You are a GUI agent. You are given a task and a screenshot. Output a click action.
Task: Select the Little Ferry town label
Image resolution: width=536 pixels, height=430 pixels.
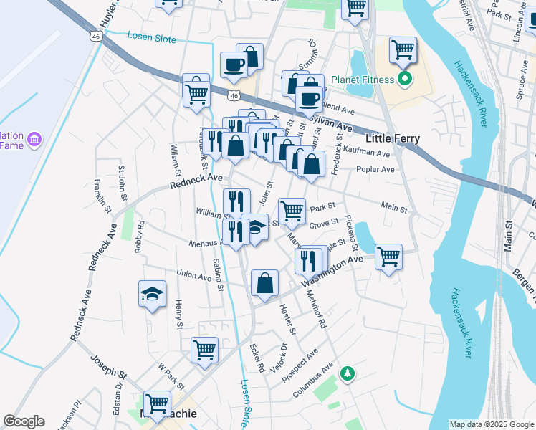(393, 138)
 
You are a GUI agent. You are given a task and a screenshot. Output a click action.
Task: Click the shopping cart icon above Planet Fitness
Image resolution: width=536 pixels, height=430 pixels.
(403, 49)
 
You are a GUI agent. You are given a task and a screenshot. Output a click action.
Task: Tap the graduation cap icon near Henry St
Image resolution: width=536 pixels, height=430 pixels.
(152, 293)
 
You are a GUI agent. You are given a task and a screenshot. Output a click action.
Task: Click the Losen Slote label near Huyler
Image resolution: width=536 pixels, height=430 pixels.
(151, 37)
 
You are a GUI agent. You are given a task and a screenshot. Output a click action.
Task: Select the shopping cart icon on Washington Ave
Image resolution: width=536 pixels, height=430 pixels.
(388, 256)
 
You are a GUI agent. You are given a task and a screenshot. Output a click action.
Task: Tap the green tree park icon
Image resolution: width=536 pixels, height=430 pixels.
(348, 373)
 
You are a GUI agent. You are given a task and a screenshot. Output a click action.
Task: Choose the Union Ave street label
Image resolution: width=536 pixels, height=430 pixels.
(193, 274)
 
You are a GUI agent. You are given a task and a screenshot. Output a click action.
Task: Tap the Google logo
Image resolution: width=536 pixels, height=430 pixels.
(24, 421)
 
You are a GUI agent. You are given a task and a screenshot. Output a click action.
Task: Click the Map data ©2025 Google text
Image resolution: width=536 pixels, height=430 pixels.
(491, 424)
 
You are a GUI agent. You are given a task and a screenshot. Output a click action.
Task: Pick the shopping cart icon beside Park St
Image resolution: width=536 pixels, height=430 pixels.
(292, 210)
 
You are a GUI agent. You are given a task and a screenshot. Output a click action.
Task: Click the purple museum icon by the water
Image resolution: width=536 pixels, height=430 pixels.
(34, 138)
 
